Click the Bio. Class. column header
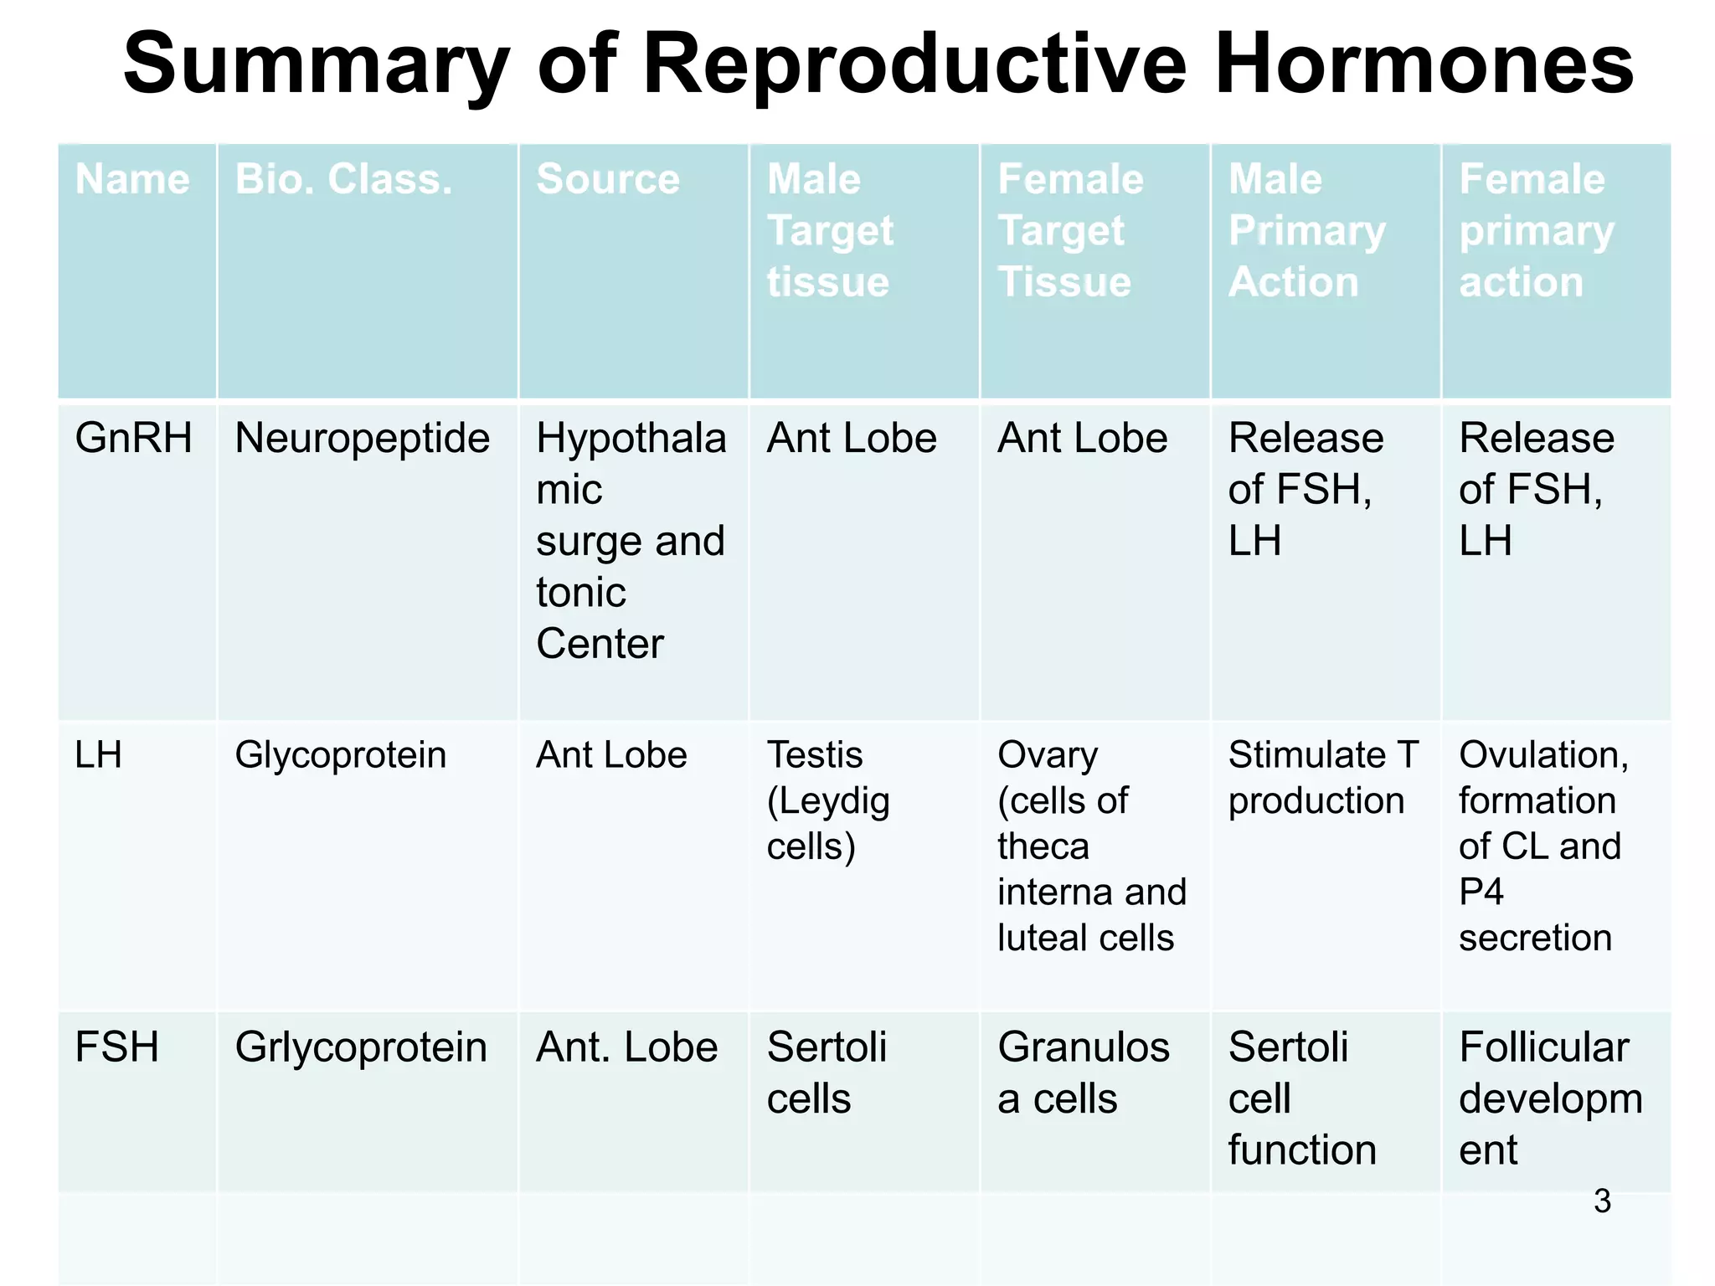(343, 179)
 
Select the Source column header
(608, 179)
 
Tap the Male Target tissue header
(830, 230)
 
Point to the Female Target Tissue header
(1069, 230)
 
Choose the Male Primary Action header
(1306, 230)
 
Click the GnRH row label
(133, 438)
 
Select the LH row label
(98, 755)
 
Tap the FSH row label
(116, 1047)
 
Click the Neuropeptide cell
(362, 438)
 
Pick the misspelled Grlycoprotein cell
(361, 1047)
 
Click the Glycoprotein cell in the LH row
(340, 755)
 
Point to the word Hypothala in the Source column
(631, 438)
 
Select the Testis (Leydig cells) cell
(827, 800)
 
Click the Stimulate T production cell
(1321, 778)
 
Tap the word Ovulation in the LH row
(1542, 755)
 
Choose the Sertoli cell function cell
(1301, 1098)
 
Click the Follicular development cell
(1549, 1098)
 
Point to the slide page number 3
(1601, 1201)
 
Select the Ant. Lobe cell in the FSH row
(626, 1047)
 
